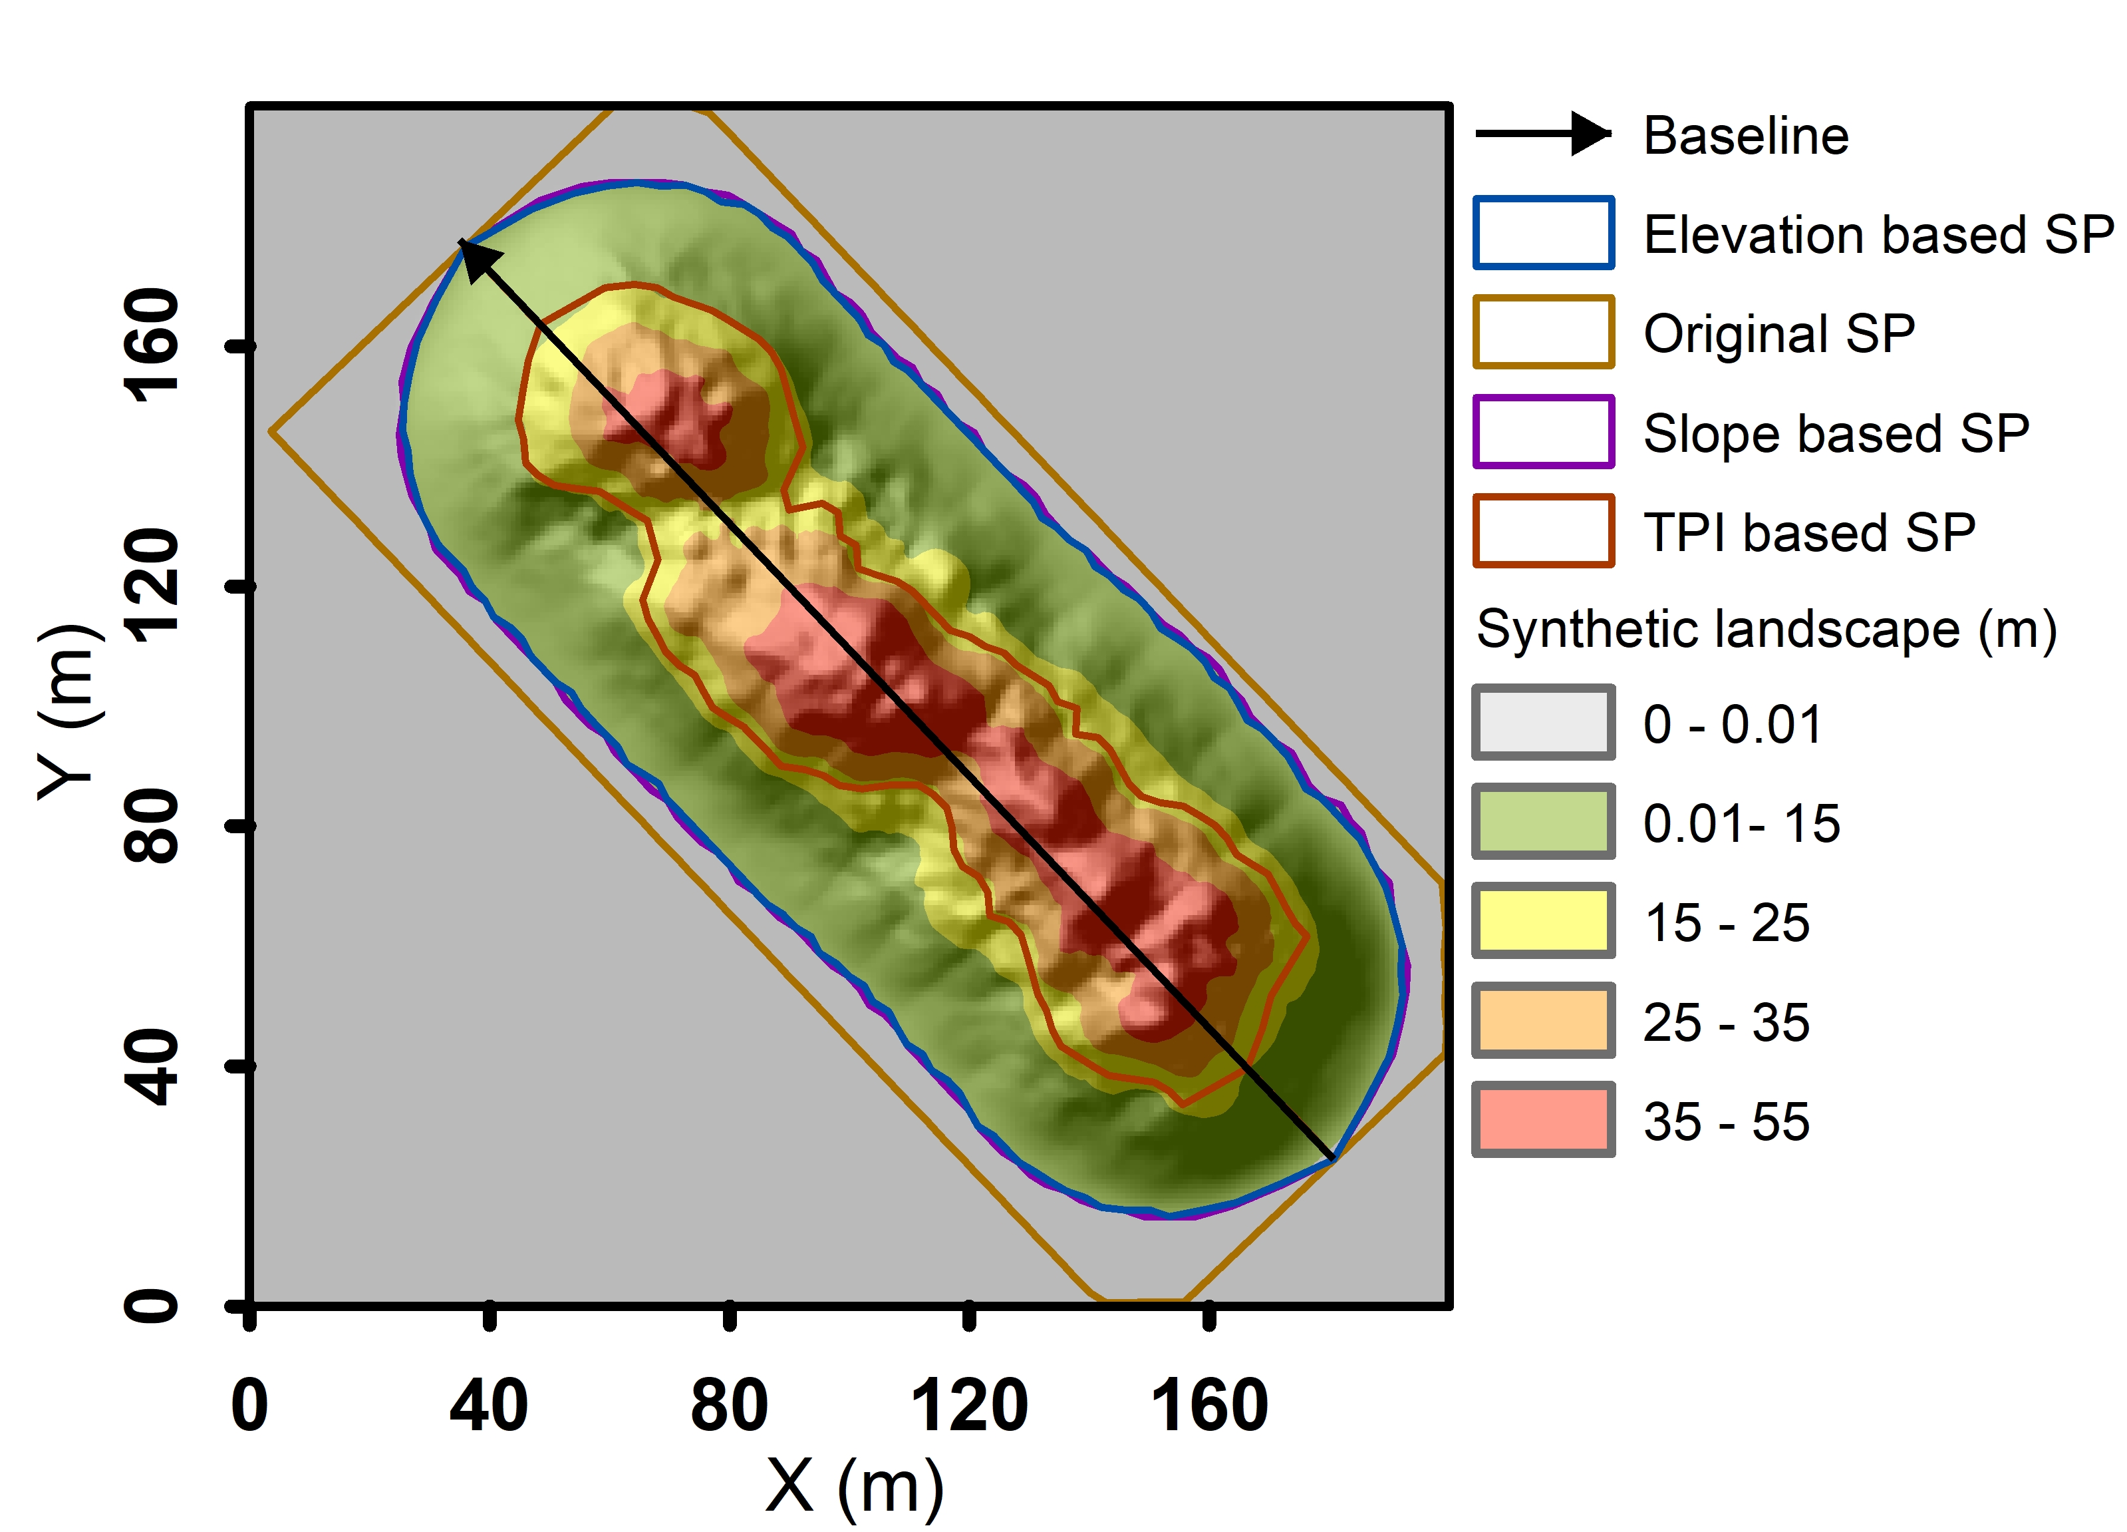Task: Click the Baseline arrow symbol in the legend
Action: [1543, 134]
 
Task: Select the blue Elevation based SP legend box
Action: [1543, 234]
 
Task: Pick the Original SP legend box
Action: [1543, 332]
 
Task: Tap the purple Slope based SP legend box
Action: [1543, 431]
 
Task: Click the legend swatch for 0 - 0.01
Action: [1543, 722]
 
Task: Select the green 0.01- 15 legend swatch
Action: [1543, 822]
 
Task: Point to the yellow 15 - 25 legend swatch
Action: [1543, 921]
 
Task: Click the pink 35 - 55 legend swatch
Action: [1543, 1120]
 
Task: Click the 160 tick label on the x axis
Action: [1209, 1406]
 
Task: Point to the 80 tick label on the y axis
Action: [152, 826]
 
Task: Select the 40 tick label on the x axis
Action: [489, 1406]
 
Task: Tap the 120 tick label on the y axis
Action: [152, 586]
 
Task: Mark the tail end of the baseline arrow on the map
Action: [1331, 1159]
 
